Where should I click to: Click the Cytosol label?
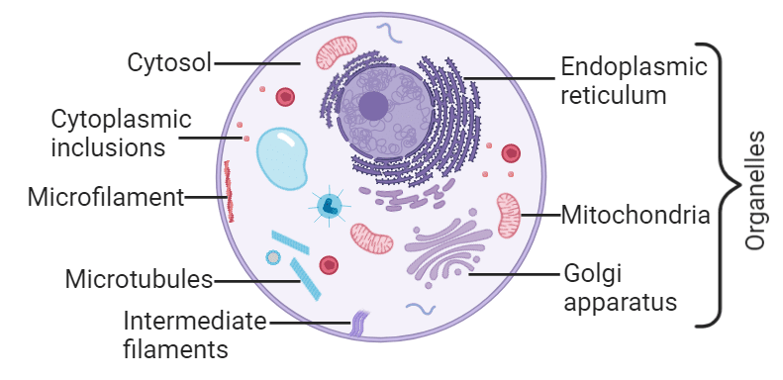169,63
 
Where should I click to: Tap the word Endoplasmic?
634,68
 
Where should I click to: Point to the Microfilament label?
106,196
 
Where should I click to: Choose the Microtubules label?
140,279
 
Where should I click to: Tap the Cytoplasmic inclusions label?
121,134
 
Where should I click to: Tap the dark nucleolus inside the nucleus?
373,106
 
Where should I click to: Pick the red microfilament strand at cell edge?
230,191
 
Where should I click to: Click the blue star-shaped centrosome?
329,206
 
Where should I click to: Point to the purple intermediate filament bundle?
359,321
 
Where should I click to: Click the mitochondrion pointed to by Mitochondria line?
508,215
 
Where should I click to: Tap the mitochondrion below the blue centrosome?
371,238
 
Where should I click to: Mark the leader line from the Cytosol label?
257,63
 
